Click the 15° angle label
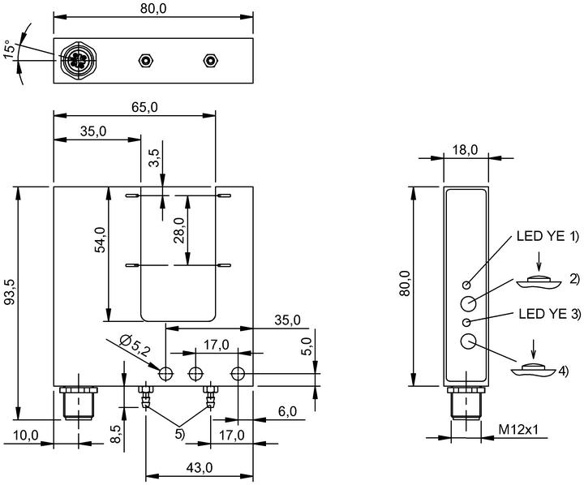(11, 49)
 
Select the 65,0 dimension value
(144, 107)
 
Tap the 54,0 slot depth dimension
(101, 239)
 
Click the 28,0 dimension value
(179, 230)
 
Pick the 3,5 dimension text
(154, 158)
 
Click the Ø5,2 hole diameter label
(135, 345)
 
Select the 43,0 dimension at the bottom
(200, 467)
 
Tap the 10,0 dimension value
(26, 435)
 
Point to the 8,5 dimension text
(116, 434)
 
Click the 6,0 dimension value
(287, 411)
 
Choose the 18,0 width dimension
(465, 150)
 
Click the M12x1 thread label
(518, 430)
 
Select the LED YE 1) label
(547, 236)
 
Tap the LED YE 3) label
(550, 314)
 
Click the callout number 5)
(179, 434)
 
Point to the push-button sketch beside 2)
(539, 282)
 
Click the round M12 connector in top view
(79, 59)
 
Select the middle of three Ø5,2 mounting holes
(195, 373)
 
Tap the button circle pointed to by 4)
(468, 341)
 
